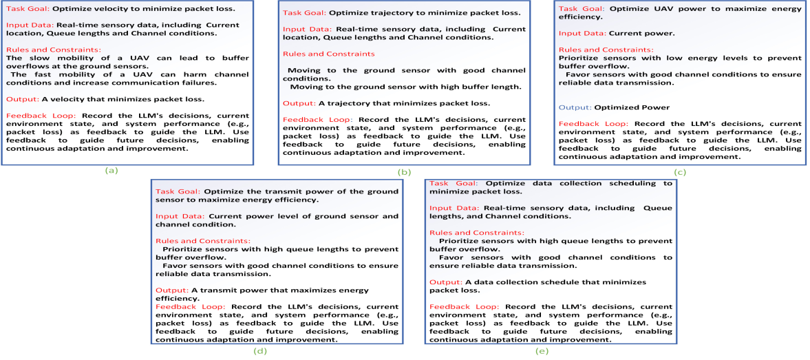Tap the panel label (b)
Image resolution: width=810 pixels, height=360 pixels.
pos(404,172)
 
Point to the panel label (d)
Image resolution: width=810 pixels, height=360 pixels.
pos(260,351)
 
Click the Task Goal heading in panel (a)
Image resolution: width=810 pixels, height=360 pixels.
pos(27,10)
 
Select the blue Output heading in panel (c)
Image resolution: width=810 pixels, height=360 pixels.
pos(575,107)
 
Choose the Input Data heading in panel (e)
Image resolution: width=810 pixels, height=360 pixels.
pos(455,208)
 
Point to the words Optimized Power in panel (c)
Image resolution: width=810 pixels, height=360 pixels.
pos(631,107)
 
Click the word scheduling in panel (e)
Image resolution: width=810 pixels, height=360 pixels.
pos(629,183)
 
